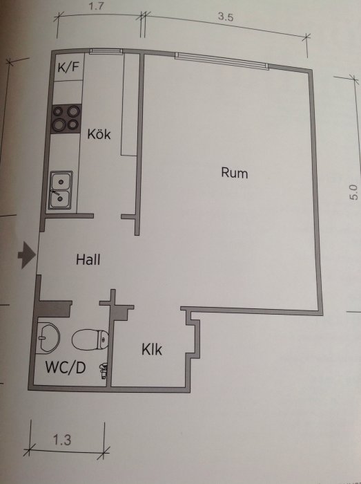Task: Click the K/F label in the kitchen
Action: (68, 67)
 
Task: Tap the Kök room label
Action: (99, 134)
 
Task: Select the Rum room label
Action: (235, 173)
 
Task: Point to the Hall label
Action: (88, 259)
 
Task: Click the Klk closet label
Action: (152, 349)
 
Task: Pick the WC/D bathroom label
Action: (66, 368)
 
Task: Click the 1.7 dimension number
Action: (96, 6)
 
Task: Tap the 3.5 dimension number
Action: (226, 17)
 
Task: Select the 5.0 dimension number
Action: (354, 193)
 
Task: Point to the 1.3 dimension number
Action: (62, 440)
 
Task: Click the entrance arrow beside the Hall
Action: (27, 255)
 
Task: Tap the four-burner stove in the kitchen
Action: (66, 119)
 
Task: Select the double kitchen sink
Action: (60, 190)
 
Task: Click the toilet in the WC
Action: (90, 339)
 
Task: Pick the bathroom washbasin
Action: (48, 337)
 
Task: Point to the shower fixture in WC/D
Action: (103, 371)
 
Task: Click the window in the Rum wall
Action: (222, 61)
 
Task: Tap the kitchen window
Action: (106, 51)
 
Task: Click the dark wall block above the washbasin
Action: (55, 308)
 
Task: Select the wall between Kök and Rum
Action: (139, 144)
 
